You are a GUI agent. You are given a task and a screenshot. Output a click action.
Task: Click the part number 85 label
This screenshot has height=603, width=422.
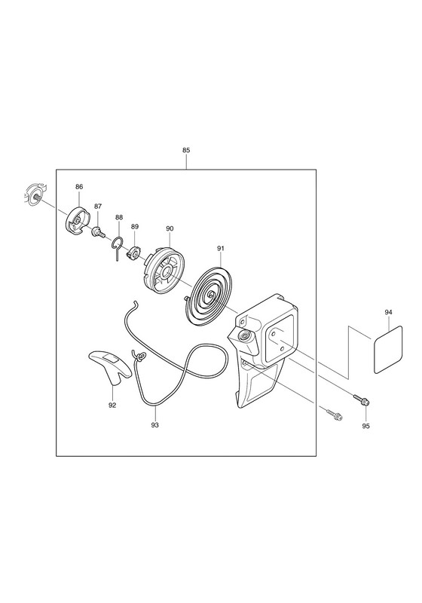point(186,150)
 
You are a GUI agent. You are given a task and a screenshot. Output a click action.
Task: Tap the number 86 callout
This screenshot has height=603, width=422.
point(79,187)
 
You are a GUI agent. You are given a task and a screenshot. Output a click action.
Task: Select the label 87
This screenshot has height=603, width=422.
point(98,207)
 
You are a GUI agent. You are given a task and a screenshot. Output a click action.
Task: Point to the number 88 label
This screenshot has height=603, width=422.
point(119,217)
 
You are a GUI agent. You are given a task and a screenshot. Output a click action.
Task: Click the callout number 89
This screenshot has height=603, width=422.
point(135,227)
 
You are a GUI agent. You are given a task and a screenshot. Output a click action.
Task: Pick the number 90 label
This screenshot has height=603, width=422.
point(170,228)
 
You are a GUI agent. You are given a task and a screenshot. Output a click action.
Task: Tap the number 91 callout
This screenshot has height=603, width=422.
point(220,249)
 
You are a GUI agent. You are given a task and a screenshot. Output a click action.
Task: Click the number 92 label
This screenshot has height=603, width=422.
point(112,405)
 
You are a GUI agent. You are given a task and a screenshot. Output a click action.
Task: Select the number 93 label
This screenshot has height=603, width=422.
point(155,425)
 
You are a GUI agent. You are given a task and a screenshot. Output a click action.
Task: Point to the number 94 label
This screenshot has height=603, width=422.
point(388,312)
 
